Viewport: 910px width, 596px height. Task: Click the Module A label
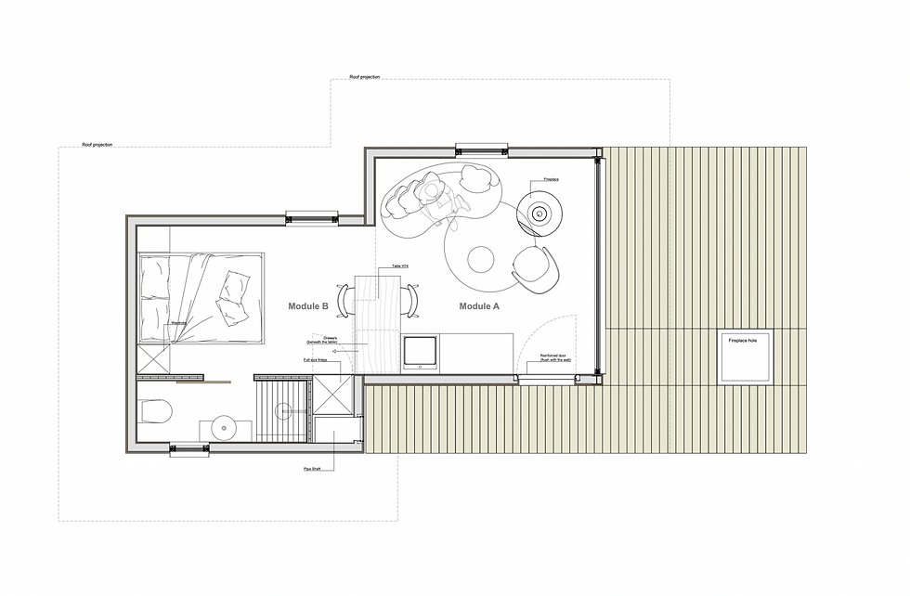(x=479, y=305)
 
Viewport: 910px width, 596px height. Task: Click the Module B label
(x=308, y=305)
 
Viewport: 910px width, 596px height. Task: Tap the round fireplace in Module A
(x=539, y=214)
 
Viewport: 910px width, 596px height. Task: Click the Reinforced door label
(x=554, y=356)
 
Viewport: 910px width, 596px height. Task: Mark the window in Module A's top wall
(x=483, y=149)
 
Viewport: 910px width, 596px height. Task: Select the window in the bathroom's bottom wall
(x=189, y=450)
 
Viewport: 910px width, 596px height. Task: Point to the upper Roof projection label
(x=365, y=77)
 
